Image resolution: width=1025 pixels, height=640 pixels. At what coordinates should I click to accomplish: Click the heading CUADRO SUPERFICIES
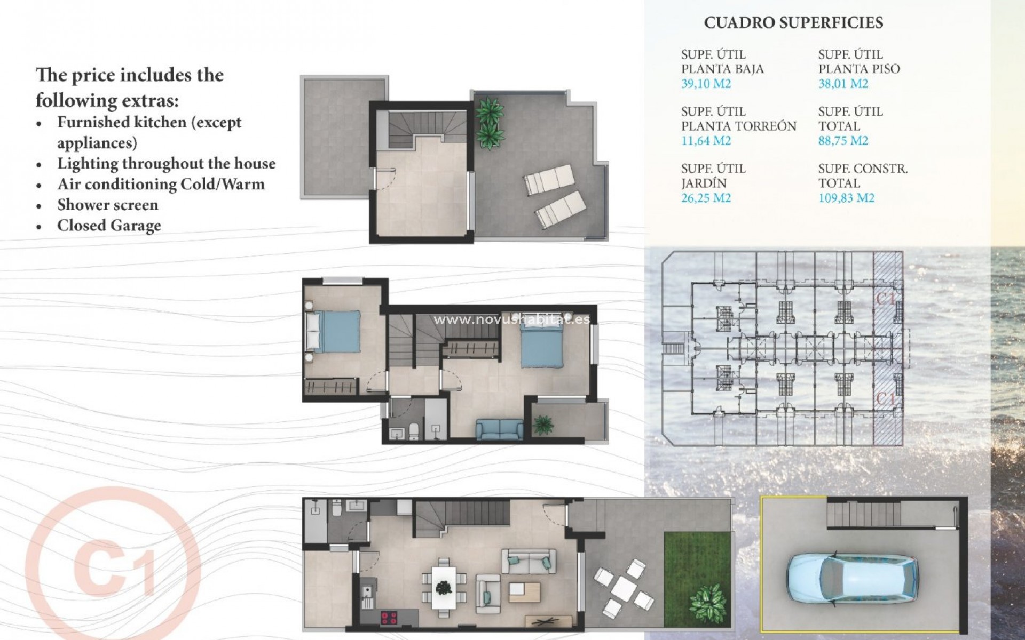click(793, 23)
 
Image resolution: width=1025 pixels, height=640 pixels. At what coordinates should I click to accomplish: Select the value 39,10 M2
click(706, 84)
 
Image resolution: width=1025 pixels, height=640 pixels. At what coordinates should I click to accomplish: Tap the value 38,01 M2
click(843, 84)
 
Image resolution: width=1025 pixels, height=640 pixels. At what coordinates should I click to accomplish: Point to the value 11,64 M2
click(706, 141)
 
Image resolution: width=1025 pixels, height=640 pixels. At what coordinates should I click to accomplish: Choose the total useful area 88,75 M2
click(843, 141)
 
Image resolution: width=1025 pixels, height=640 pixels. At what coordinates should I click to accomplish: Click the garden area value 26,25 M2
click(706, 198)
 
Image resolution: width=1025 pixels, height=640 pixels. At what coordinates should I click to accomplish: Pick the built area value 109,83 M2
click(846, 198)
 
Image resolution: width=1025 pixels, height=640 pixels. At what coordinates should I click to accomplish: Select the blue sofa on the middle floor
click(500, 429)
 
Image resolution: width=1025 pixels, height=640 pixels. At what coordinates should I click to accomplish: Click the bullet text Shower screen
click(107, 205)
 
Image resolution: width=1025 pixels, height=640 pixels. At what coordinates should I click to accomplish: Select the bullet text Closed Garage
click(109, 226)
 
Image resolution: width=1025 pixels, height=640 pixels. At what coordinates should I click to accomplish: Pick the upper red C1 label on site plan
click(886, 299)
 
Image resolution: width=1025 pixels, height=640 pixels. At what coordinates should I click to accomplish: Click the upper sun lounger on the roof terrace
click(548, 179)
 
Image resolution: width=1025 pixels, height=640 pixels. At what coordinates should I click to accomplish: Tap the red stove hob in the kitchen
click(389, 618)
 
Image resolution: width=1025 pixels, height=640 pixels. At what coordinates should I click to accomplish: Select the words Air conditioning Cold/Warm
click(161, 185)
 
